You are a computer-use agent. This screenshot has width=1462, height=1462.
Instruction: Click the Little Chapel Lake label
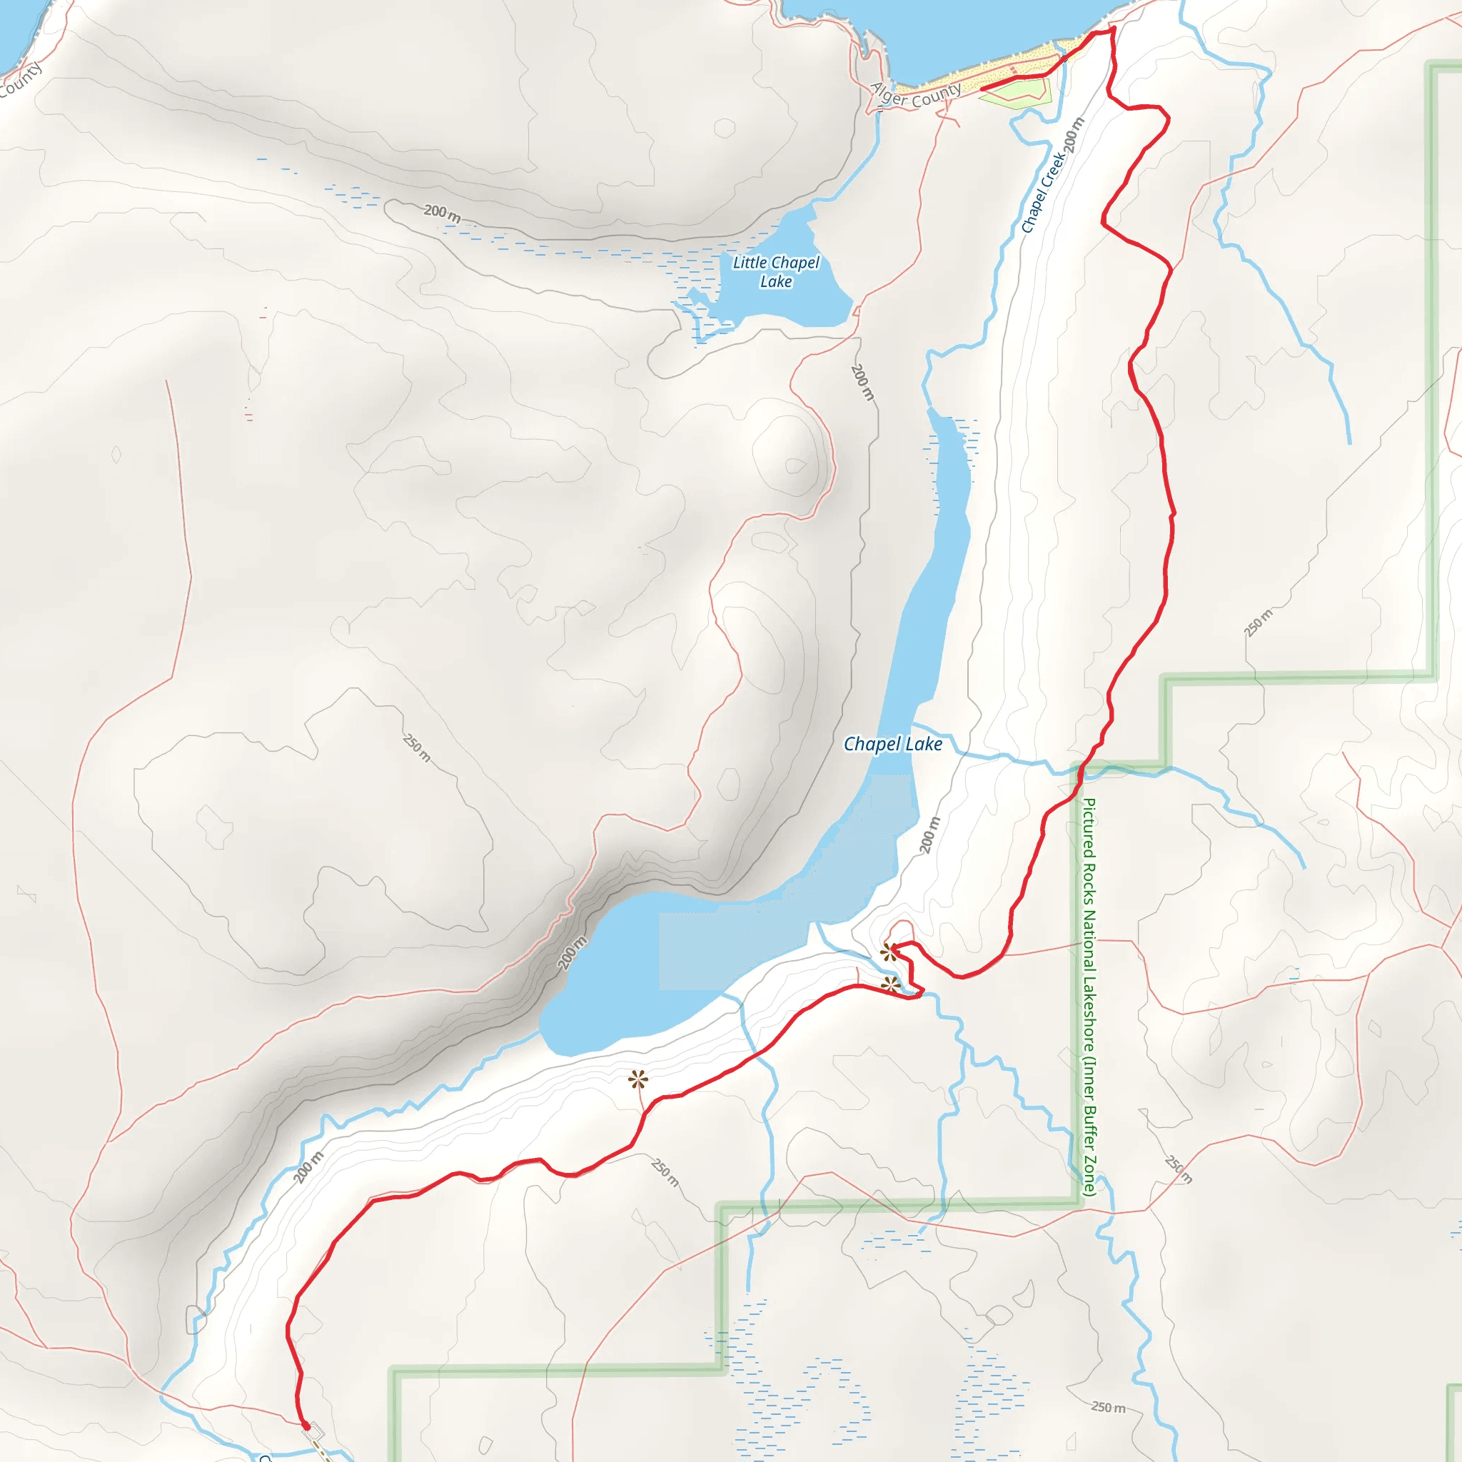pos(776,272)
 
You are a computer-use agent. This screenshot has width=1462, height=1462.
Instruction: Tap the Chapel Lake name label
pos(893,744)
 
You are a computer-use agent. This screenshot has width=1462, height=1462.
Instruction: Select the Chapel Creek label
pos(1042,192)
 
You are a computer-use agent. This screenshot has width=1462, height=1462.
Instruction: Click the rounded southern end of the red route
pos(306,1426)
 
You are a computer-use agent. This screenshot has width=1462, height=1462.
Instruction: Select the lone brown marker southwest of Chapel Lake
pos(638,1079)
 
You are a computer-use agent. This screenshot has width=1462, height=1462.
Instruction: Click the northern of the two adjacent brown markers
pos(888,951)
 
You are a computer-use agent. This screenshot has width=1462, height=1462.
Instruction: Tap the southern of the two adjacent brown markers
pos(891,985)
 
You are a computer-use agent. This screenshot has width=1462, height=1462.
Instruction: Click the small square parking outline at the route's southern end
pos(316,1431)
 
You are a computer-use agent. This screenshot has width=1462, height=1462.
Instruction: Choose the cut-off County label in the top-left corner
pos(21,80)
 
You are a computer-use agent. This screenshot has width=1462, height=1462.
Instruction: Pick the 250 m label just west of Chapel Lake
pos(417,747)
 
